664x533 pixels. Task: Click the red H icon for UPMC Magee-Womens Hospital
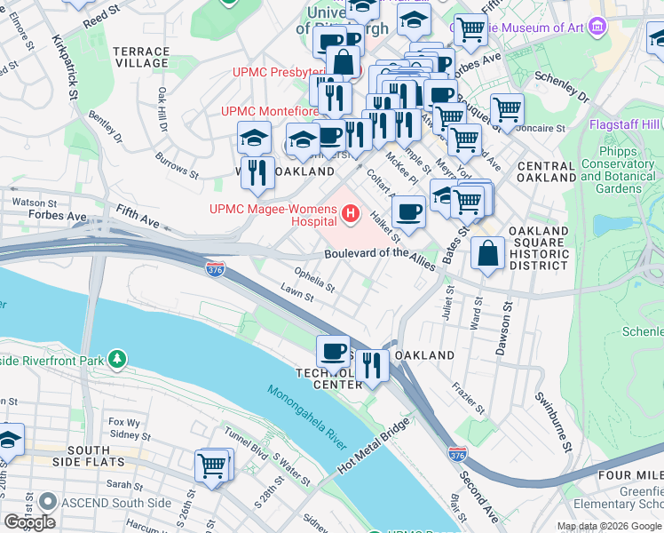[351, 213]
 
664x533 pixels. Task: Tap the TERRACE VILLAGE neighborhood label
[140, 58]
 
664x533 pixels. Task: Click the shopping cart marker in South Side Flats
[211, 465]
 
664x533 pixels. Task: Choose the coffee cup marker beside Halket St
[408, 211]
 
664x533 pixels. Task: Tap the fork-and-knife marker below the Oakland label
[372, 363]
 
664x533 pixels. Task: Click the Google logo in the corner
[30, 521]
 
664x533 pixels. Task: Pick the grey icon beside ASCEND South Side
[47, 503]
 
